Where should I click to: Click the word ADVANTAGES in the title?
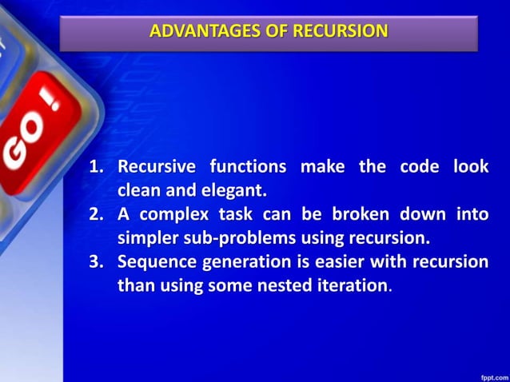pyautogui.click(x=193, y=32)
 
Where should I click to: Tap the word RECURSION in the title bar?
pyautogui.click(x=341, y=32)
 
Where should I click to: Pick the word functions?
pyautogui.click(x=249, y=168)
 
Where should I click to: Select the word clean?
pyautogui.click(x=139, y=191)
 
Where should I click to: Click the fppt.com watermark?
pyautogui.click(x=491, y=375)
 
